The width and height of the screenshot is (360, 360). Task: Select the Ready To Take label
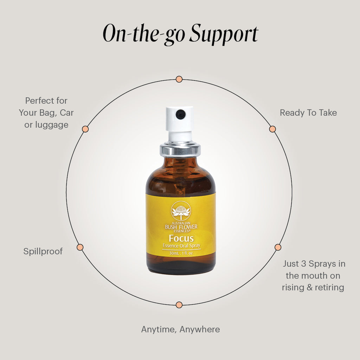point(308,113)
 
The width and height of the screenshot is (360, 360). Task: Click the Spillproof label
point(43,251)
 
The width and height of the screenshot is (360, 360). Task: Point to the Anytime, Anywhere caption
point(180,329)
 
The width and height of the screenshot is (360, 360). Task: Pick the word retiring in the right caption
point(329,287)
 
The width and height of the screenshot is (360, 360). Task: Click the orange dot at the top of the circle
point(179,79)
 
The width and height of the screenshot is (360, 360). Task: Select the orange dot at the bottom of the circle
point(179,304)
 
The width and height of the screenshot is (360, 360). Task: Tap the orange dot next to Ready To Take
point(272,129)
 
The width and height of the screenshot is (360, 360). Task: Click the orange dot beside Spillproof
point(80,247)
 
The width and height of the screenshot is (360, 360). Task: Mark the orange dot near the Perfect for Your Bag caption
point(85,129)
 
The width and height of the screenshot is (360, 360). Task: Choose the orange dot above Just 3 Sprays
point(278,247)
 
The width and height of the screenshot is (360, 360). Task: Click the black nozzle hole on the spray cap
point(180,113)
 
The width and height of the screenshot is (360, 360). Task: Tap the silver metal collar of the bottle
point(180,149)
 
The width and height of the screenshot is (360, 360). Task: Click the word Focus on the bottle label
point(181,239)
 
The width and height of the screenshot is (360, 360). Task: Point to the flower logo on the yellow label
point(181,211)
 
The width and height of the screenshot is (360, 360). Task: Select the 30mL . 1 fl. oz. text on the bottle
point(181,253)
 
